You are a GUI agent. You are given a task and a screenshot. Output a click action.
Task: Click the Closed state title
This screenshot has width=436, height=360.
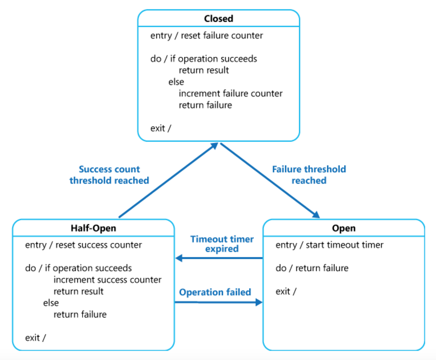(218, 19)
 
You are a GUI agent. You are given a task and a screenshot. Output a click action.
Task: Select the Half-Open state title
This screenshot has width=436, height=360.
(93, 228)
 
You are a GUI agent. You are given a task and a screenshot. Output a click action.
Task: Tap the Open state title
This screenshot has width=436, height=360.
(343, 228)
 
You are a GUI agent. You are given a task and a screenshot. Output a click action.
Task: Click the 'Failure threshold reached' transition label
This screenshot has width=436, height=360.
(309, 175)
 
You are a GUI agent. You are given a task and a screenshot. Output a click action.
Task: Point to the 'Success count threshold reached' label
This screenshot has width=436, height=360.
(109, 175)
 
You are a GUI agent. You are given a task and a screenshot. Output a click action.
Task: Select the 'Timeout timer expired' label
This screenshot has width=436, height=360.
(222, 244)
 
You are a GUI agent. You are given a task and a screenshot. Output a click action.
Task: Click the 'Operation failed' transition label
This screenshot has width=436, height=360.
(215, 292)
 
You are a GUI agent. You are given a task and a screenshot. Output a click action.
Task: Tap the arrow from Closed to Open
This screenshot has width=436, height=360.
(269, 180)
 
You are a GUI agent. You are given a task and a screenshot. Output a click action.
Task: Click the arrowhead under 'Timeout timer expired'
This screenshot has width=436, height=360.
(179, 259)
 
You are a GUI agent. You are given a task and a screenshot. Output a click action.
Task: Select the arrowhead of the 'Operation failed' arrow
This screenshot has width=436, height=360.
(259, 302)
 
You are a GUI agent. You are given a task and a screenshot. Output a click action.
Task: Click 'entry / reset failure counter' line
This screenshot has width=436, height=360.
(206, 36)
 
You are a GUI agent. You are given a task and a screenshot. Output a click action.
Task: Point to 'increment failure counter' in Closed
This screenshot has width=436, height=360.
(230, 93)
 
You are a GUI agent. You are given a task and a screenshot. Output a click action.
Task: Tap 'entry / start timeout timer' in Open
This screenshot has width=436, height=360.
(329, 245)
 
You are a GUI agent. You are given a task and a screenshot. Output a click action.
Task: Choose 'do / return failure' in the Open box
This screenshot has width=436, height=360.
(312, 268)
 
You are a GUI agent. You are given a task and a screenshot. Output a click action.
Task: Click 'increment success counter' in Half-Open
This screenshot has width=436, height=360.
(108, 280)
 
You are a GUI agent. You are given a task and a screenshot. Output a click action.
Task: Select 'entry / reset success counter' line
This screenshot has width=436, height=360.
(84, 245)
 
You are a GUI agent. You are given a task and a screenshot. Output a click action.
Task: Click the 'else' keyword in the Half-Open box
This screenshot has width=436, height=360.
(51, 303)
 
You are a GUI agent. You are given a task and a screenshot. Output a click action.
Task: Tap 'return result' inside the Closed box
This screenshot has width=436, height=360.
(204, 70)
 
